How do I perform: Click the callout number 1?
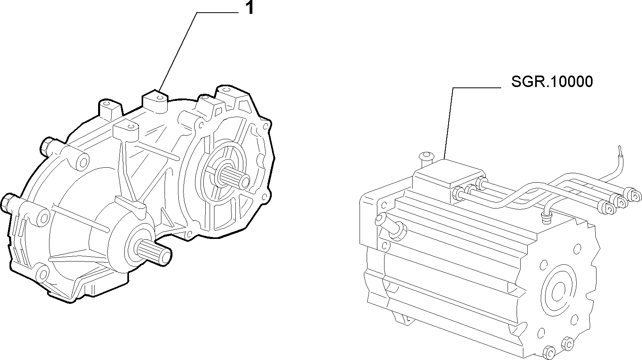(x=250, y=8)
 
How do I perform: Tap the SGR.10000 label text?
(x=552, y=81)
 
